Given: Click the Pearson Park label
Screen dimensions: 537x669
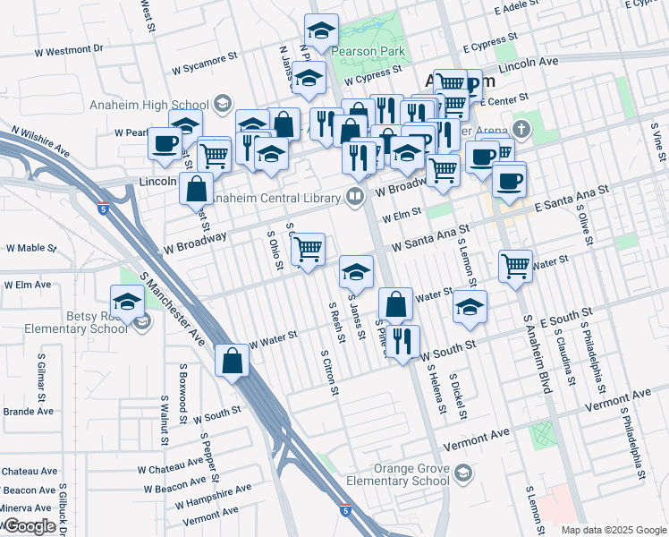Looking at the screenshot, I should [x=368, y=51].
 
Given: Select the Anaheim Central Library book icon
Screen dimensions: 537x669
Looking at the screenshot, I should [x=355, y=197].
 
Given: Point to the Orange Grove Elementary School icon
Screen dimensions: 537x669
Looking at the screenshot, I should [x=463, y=473].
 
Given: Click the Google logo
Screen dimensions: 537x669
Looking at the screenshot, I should [x=30, y=526].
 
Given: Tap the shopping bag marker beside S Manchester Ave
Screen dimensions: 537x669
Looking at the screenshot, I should [x=233, y=361].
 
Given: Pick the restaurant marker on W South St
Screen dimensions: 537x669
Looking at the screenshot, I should [x=403, y=341].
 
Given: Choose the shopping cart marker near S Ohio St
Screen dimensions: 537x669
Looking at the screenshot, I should [x=308, y=249].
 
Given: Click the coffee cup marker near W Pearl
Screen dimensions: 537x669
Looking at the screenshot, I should [x=165, y=143].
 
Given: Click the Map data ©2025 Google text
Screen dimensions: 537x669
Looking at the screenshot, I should [x=613, y=530].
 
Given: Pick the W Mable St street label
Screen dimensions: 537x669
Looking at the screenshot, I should [x=31, y=248].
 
